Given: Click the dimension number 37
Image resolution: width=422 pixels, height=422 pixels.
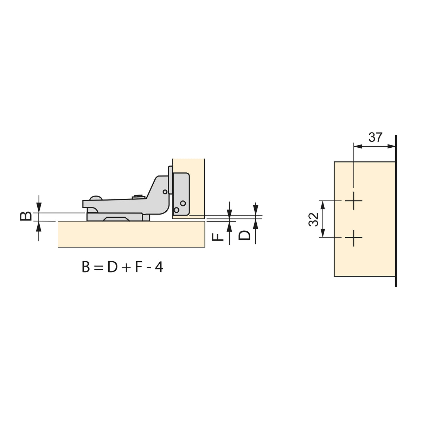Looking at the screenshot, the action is (375, 137).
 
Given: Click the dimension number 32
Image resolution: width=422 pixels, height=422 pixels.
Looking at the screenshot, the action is (313, 219).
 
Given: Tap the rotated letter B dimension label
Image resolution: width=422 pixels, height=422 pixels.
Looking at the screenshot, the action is (26, 216).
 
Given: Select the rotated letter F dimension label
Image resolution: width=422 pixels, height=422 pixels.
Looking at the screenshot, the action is (218, 237).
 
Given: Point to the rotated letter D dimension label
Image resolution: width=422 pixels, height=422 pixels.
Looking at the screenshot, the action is (244, 235).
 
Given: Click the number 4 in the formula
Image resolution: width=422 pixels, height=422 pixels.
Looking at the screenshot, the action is (159, 267).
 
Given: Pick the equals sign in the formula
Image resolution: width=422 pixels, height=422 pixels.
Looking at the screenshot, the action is (98, 268).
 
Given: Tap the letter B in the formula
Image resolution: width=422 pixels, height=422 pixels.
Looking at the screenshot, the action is (85, 267).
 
